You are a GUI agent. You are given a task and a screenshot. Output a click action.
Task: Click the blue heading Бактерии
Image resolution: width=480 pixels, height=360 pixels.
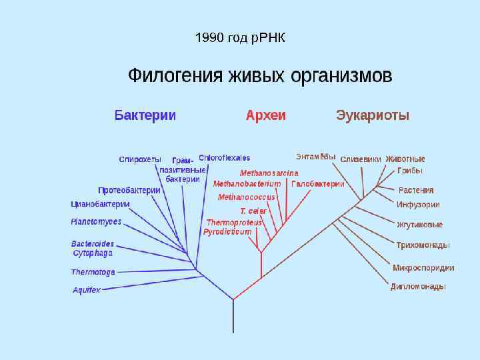coord(145,115)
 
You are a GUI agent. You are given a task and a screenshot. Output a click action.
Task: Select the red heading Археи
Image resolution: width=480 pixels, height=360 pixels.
coord(265,115)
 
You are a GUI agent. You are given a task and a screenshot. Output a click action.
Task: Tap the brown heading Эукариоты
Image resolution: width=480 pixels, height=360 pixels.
coord(373,115)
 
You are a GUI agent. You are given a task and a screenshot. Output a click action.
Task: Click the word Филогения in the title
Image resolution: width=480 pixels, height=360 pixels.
coord(175,75)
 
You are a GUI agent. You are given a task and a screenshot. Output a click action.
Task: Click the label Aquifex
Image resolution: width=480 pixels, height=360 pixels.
coord(87,290)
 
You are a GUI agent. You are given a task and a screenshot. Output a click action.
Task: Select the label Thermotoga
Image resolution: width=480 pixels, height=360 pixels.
coord(93,272)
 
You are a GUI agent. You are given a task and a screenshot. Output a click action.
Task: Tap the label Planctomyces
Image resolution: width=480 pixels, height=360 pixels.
coord(96,221)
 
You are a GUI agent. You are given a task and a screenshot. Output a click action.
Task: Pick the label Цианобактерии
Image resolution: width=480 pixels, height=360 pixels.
coord(100,204)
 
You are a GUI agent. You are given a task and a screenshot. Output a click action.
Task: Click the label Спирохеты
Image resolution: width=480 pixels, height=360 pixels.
coord(140,159)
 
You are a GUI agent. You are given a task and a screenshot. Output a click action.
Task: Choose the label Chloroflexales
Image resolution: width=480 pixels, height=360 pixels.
coord(224,158)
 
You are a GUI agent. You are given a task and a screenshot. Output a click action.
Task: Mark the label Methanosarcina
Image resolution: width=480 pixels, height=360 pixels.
coord(269,173)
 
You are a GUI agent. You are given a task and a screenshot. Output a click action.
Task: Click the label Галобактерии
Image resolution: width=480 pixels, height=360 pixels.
coord(318,184)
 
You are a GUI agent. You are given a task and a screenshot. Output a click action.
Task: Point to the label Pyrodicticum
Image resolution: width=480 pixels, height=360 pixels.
coord(227,232)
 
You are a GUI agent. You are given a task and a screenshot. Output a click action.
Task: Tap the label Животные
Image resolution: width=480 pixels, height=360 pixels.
coord(405,159)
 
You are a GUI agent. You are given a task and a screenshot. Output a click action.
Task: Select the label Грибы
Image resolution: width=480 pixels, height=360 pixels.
coord(410,171)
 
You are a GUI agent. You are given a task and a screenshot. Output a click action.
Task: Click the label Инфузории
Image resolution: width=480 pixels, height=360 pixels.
coord(418,205)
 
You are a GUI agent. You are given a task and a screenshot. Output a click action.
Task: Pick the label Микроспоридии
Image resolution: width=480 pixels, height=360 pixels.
coord(423,268)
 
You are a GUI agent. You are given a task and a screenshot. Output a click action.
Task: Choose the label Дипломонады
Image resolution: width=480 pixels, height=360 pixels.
coord(418,287)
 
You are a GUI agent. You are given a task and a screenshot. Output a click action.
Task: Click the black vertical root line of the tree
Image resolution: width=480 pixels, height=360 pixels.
coord(233,317)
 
